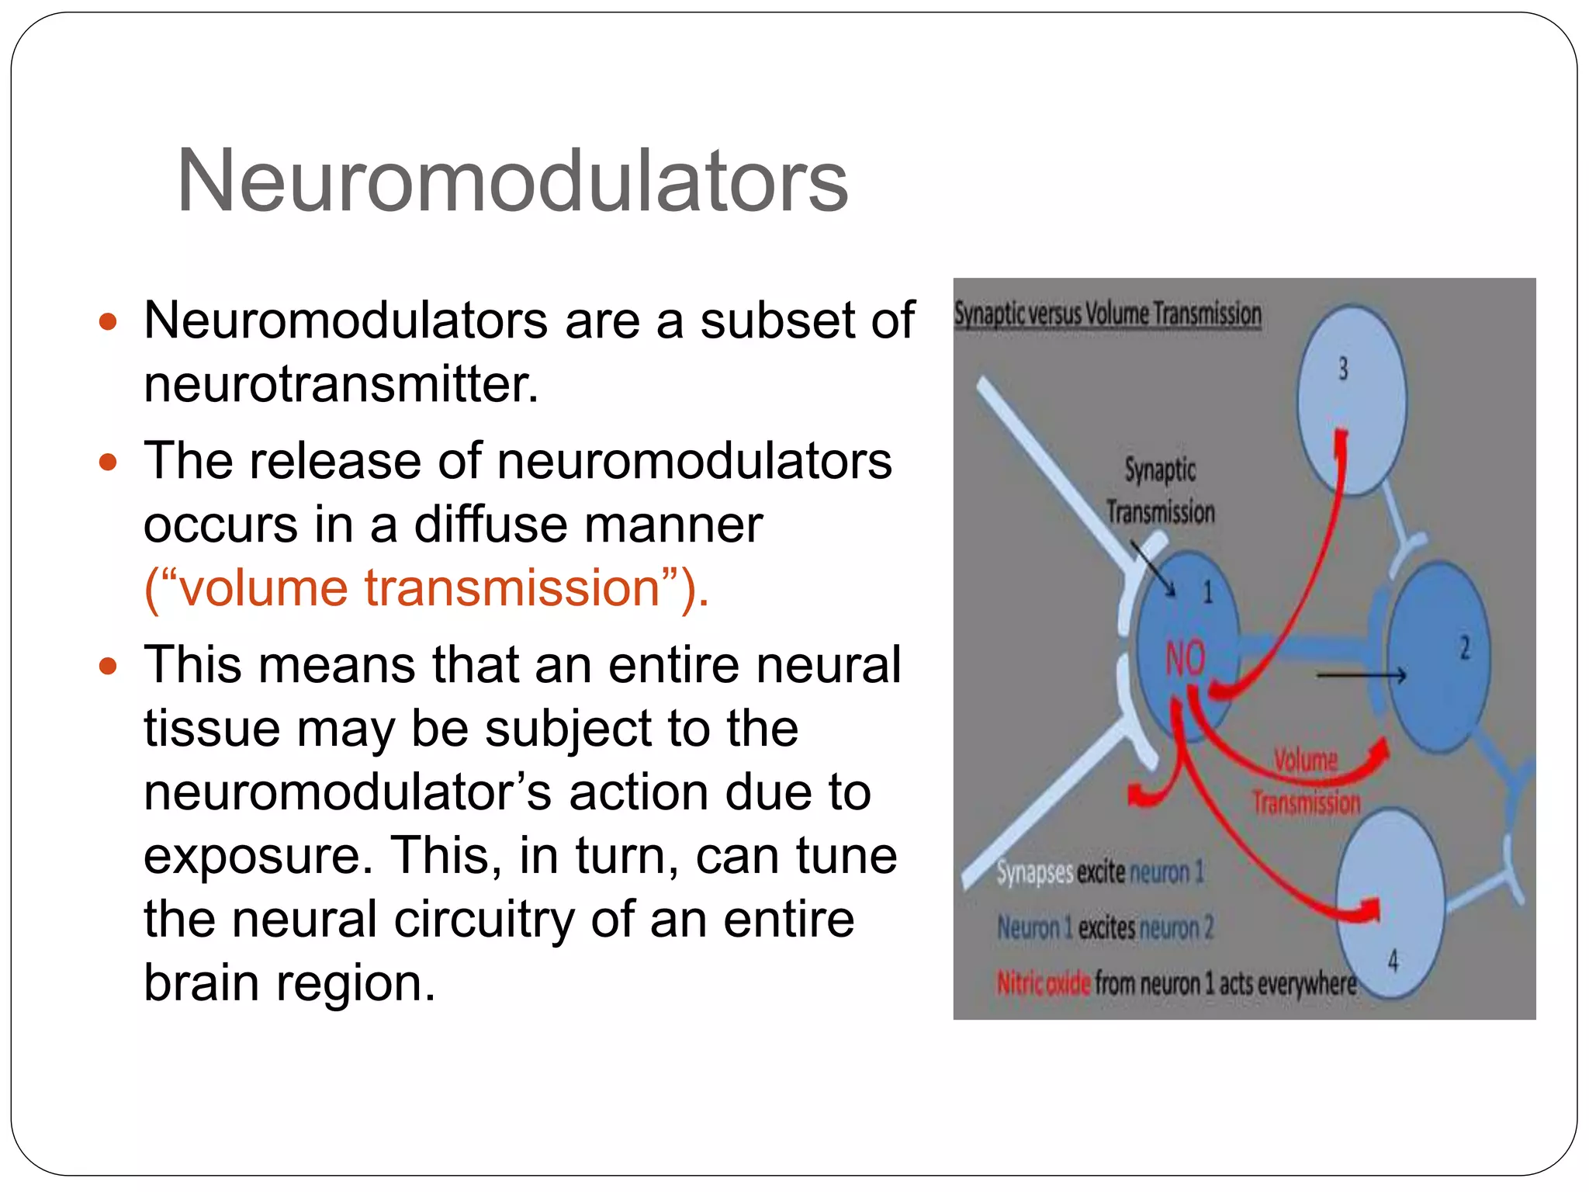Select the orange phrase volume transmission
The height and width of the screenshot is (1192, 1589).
pos(425,587)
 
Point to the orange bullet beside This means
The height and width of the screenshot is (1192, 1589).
pos(108,666)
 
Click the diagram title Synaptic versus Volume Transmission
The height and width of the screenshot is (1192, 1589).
pos(1107,314)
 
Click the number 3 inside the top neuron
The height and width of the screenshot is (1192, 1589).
pos(1343,369)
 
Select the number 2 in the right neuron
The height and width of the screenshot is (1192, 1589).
pos(1464,647)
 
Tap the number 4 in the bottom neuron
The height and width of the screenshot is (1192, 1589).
pos(1393,962)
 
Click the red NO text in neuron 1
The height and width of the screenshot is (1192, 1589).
pos(1185,658)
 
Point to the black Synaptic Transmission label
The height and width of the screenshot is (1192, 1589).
pos(1160,490)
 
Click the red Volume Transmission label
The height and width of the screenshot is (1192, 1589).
pos(1307,781)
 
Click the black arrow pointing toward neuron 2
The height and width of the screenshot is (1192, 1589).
pos(1362,676)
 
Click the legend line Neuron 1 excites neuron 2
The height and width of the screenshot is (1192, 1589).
pos(1104,928)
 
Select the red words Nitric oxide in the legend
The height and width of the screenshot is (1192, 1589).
pos(1044,984)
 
